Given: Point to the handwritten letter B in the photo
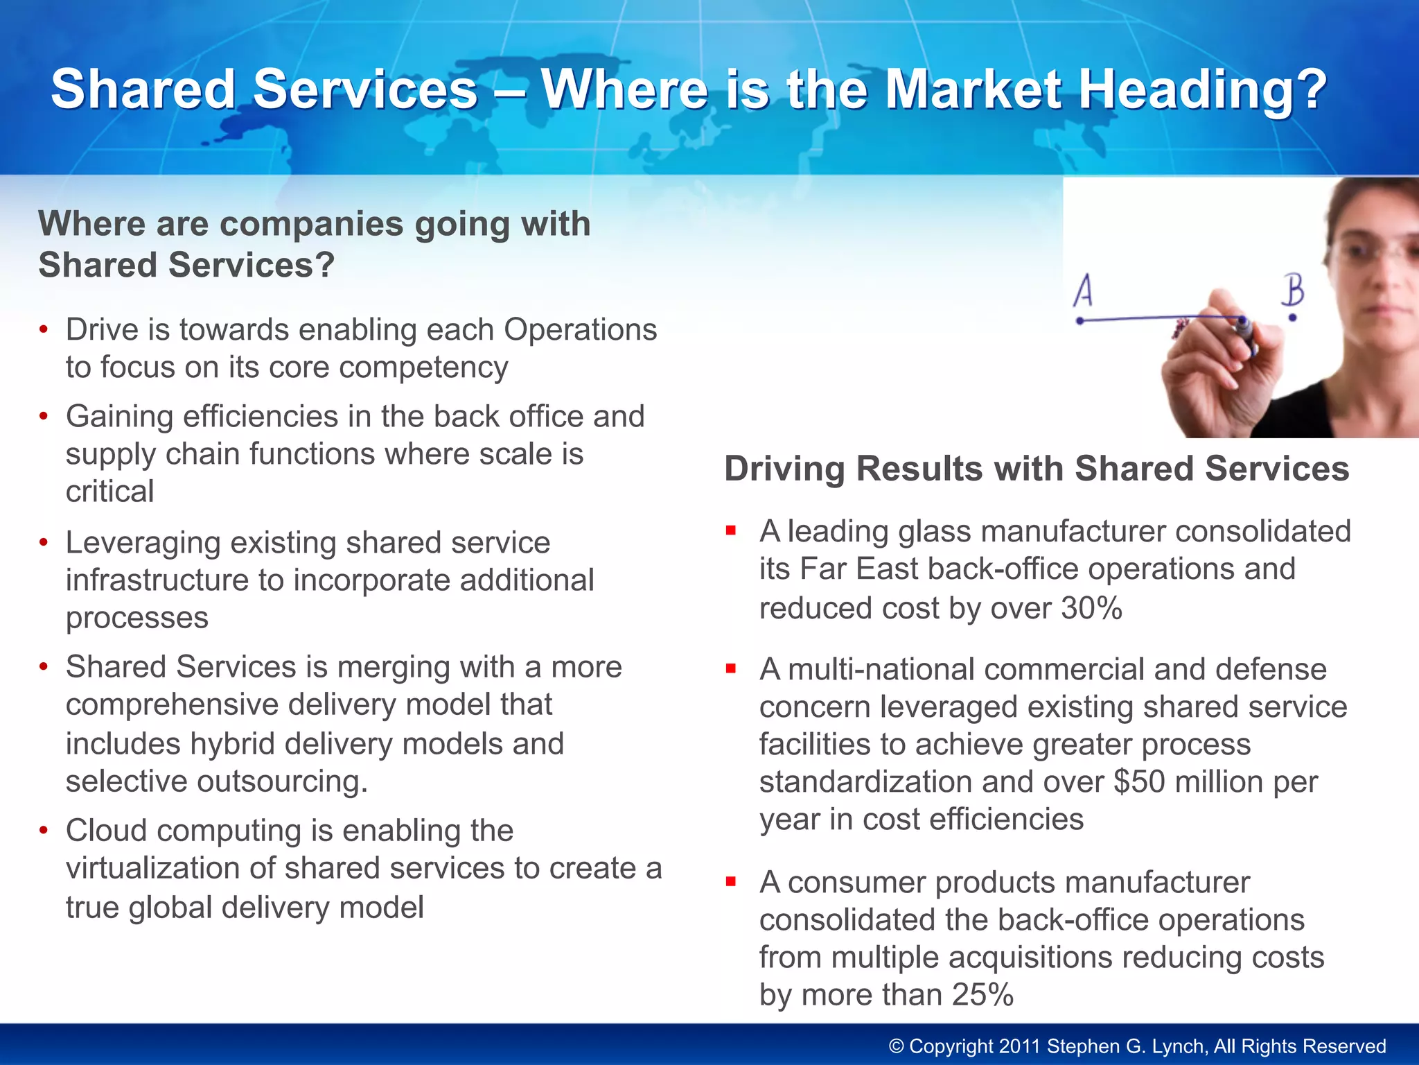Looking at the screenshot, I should point(1293,290).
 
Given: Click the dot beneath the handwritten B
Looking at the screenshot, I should point(1292,318).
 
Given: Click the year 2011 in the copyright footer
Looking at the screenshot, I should point(1020,1046).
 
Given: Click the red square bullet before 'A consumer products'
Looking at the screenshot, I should point(730,882).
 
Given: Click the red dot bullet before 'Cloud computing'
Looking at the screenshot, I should point(44,830).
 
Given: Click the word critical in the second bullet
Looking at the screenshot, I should point(109,491).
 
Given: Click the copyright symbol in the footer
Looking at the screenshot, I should point(896,1046).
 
